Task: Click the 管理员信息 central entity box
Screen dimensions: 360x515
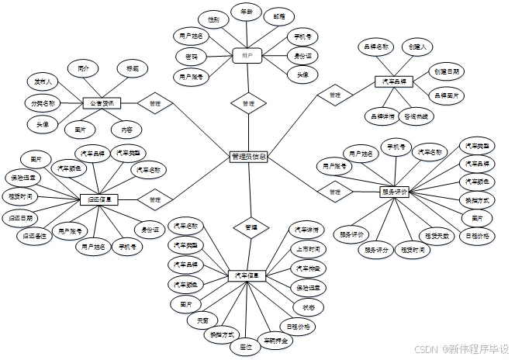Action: tap(249, 156)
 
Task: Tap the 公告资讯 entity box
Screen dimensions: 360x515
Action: tap(102, 103)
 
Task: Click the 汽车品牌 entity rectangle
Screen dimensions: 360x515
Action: tap(392, 81)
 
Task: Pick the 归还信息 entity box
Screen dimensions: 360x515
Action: tap(99, 199)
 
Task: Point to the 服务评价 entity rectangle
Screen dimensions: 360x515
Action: tap(394, 191)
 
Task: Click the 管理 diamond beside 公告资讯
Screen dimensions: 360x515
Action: tap(155, 103)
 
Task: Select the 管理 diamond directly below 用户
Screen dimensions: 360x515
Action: tap(248, 103)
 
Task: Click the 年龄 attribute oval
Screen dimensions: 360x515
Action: tap(247, 12)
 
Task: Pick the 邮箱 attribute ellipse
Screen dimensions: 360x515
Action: tap(277, 16)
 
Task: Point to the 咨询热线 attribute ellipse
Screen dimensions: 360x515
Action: tap(420, 116)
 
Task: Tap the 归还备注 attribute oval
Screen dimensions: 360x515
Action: tap(35, 234)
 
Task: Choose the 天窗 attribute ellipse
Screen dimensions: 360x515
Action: tap(203, 320)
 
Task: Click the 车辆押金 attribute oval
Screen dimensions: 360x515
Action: tap(275, 340)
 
